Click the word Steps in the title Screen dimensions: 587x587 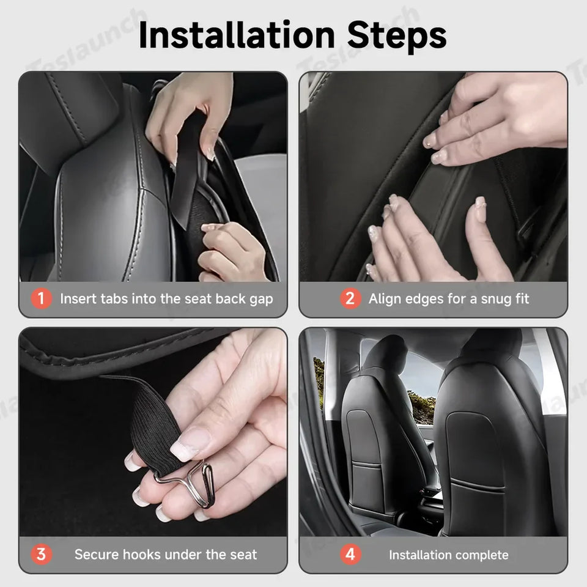tap(397, 35)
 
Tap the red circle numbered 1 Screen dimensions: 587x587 tap(42, 299)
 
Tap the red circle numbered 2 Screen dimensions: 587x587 tap(350, 299)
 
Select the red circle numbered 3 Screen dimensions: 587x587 tap(42, 555)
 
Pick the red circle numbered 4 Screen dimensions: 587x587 tap(350, 555)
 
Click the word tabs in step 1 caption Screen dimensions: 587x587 tap(113, 299)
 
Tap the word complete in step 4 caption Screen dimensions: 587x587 tap(482, 555)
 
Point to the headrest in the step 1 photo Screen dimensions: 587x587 tap(67, 116)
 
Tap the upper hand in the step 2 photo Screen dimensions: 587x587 tap(501, 122)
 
